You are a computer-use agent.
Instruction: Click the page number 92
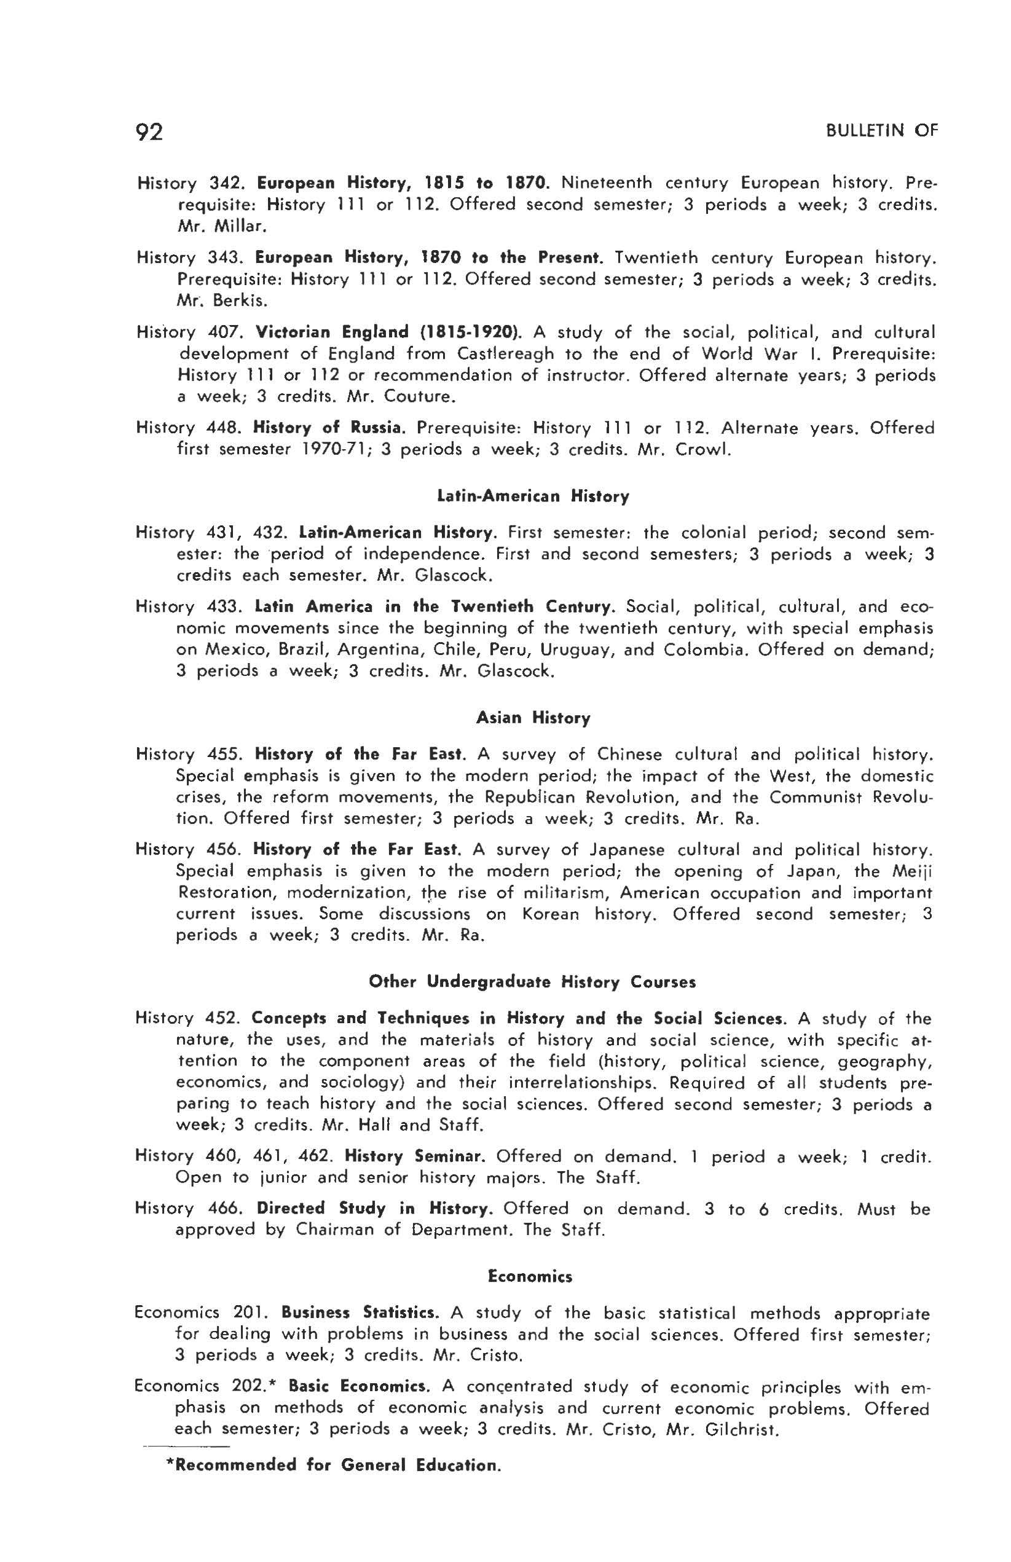tap(148, 132)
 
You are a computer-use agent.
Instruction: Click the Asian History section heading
tap(532, 718)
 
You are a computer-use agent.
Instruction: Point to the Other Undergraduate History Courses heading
tap(532, 982)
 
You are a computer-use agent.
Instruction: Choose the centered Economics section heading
tap(530, 1276)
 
